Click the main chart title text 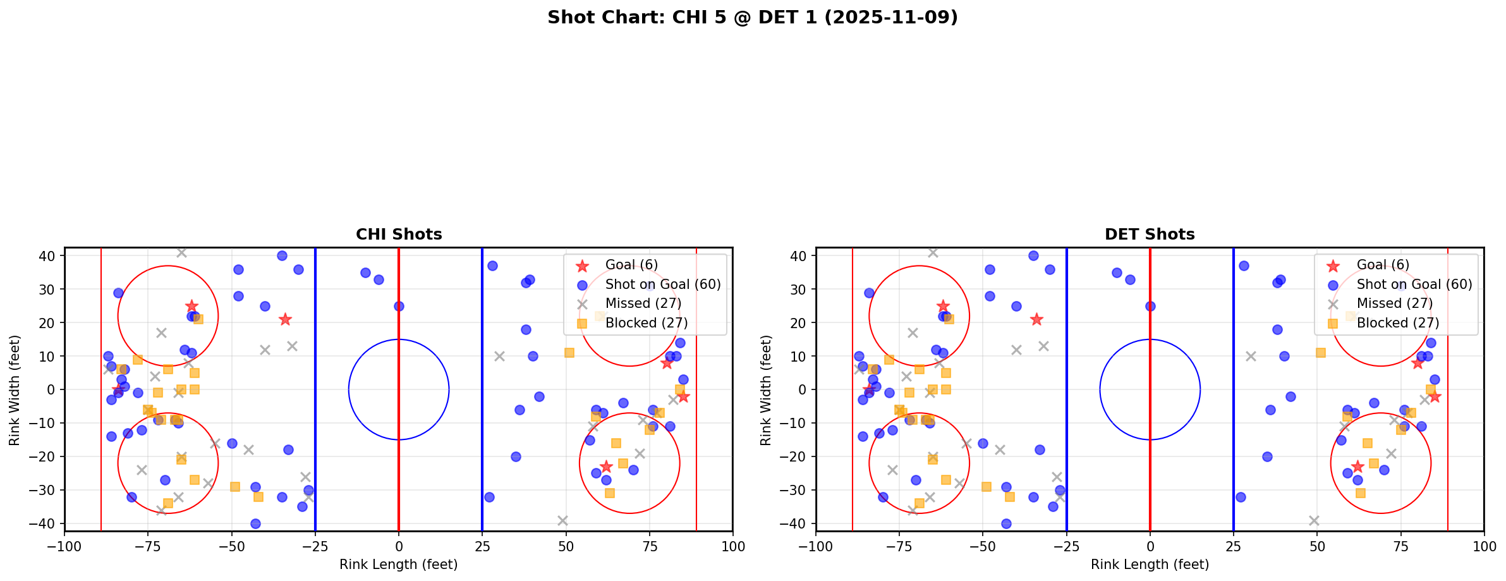752,18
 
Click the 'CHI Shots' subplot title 399,235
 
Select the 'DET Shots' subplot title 1150,235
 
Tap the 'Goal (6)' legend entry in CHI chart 631,265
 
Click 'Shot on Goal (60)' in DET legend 1414,284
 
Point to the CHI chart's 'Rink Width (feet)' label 15,389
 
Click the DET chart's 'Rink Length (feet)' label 1150,565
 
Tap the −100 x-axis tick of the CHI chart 64,546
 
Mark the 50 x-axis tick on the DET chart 1317,546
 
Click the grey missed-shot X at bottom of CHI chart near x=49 562,520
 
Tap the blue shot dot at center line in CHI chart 399,306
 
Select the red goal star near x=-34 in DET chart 1036,319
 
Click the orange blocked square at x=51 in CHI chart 569,353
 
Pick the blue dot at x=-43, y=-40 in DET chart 1006,523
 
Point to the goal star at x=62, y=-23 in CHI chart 606,467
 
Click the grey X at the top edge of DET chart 933,252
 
